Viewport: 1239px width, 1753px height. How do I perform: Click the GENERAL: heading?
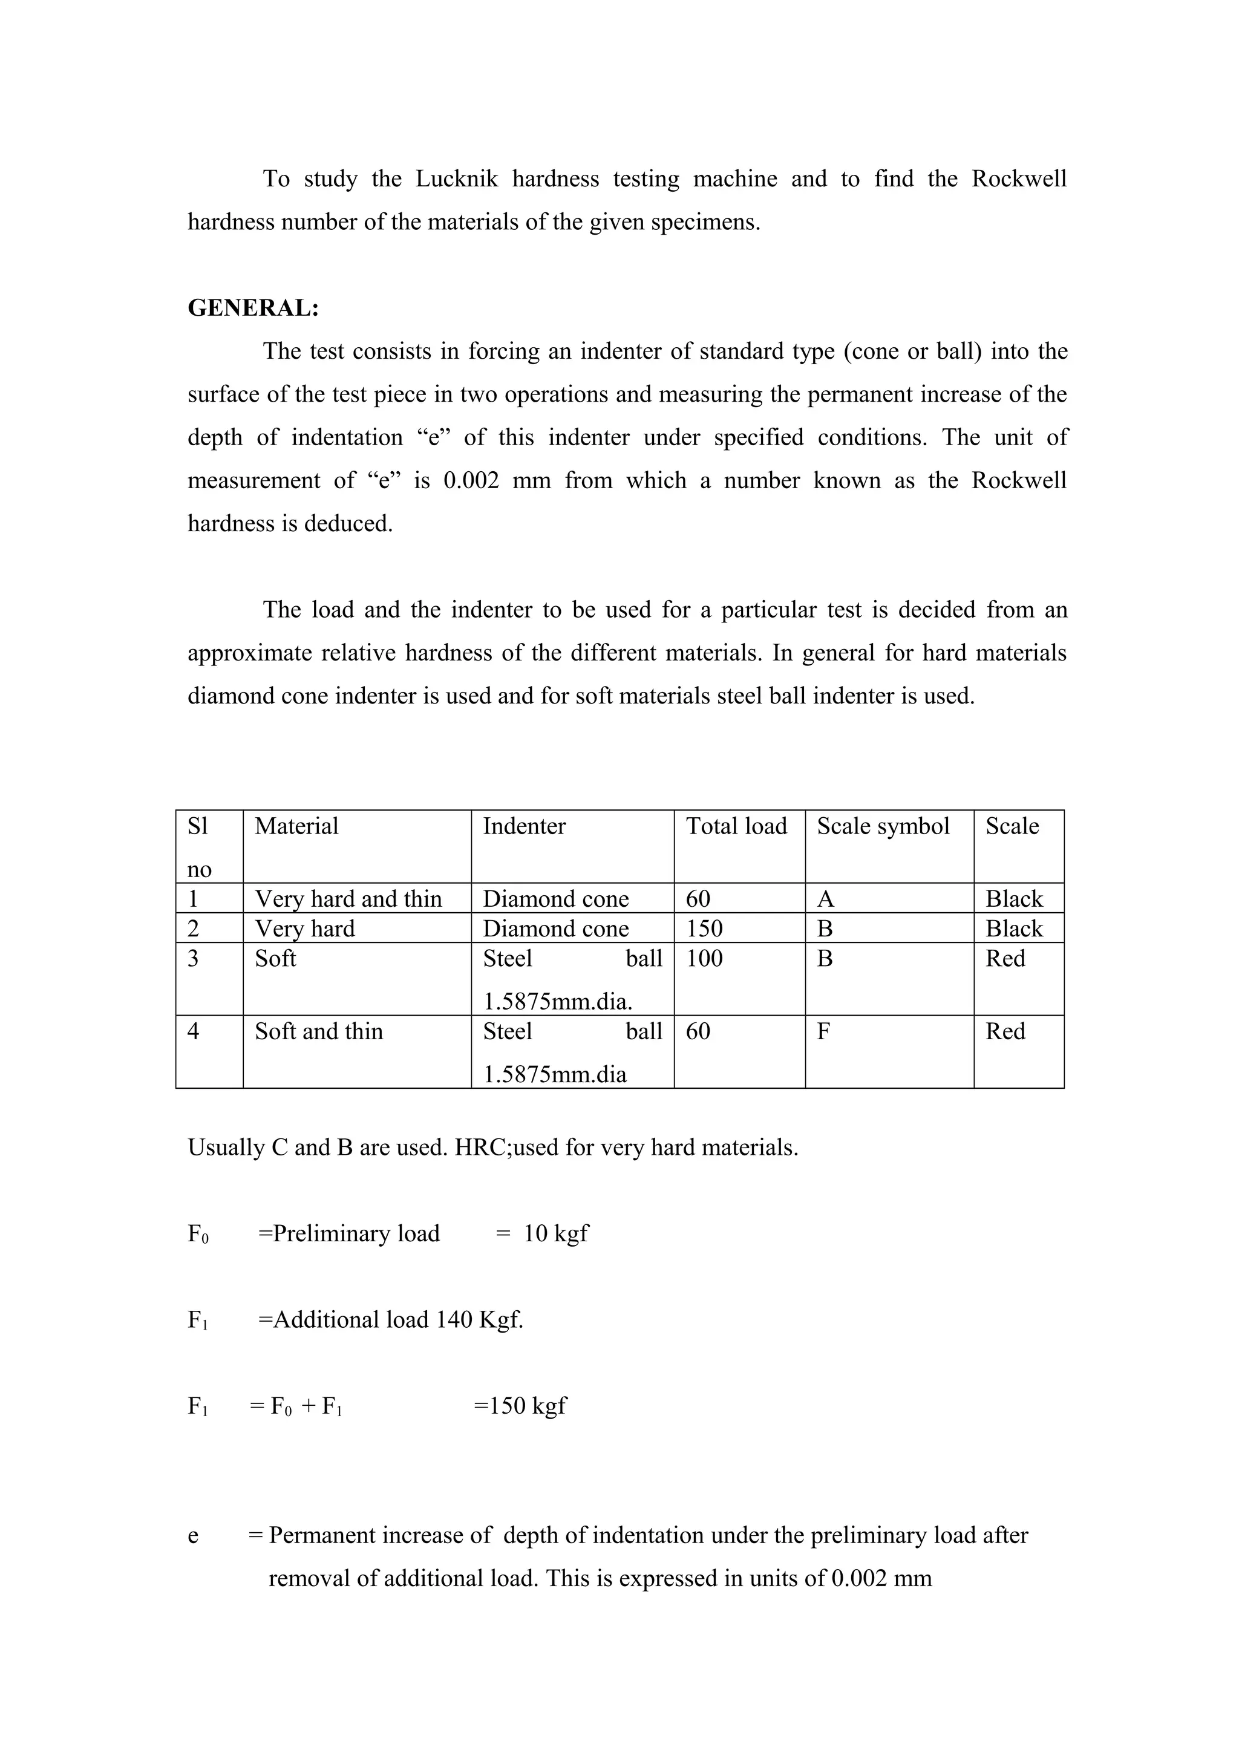click(253, 308)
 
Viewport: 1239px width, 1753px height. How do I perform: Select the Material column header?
click(296, 826)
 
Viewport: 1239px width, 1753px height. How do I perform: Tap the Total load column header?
click(736, 826)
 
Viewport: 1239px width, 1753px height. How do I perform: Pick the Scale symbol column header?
click(883, 826)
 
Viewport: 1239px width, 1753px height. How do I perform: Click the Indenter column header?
click(525, 826)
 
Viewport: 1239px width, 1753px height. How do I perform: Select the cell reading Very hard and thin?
click(348, 899)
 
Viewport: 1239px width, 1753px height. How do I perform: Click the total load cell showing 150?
click(704, 929)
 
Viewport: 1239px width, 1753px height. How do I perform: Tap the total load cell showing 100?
click(704, 958)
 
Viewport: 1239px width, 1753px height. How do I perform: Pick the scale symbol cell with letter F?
click(824, 1031)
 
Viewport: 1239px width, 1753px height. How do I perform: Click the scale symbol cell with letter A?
click(825, 899)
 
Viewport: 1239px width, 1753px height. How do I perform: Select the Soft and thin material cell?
click(318, 1031)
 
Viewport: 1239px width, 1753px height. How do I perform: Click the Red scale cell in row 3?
click(1005, 958)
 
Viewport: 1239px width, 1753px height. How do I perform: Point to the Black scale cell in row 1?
click(1014, 899)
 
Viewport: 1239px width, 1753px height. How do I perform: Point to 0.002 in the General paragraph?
click(471, 481)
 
